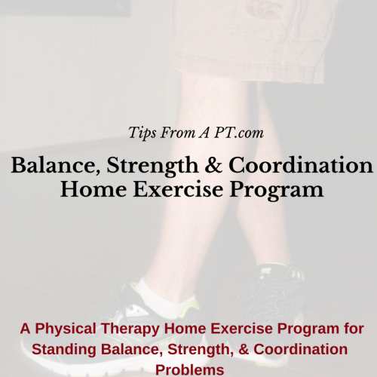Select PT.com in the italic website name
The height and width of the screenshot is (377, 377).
pyautogui.click(x=239, y=133)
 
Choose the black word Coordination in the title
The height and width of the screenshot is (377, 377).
pyautogui.click(x=301, y=165)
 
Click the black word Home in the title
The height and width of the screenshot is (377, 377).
pyautogui.click(x=93, y=189)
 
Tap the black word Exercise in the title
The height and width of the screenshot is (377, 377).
pyautogui.click(x=178, y=189)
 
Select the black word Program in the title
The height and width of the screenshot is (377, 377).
pyautogui.click(x=277, y=191)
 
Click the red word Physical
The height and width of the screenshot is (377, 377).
pyautogui.click(x=66, y=329)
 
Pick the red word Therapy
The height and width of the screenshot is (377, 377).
pyautogui.click(x=130, y=329)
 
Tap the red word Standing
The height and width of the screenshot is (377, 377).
pyautogui.click(x=64, y=350)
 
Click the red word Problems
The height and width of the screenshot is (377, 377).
pyautogui.click(x=190, y=370)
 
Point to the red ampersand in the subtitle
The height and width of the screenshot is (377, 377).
pyautogui.click(x=244, y=349)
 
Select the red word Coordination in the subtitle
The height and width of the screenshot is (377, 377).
pyautogui.click(x=300, y=349)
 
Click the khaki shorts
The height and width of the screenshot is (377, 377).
pyautogui.click(x=251, y=40)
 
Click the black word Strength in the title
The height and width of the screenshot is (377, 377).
pyautogui.click(x=153, y=166)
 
